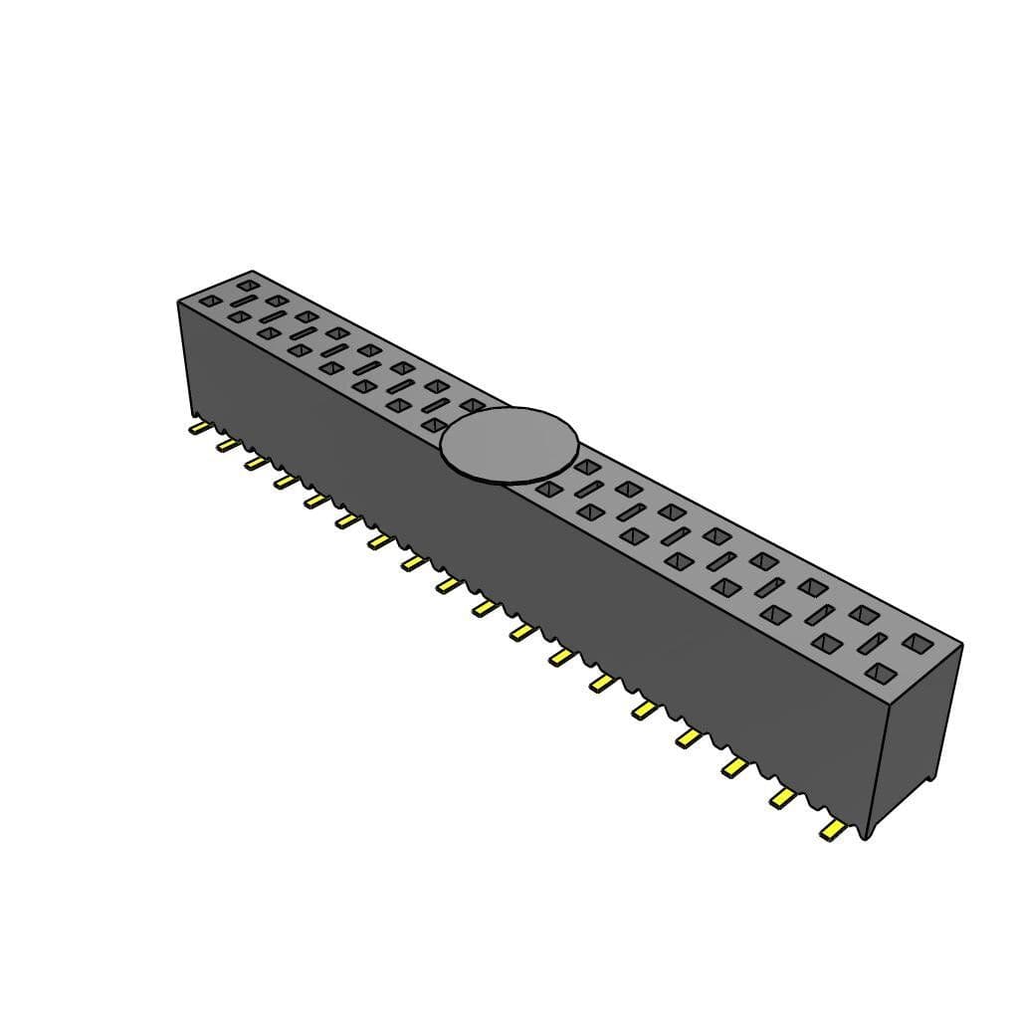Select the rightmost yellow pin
point(832,829)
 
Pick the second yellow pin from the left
point(228,445)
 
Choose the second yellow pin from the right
point(784,796)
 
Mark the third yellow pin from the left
point(256,462)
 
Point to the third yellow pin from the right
point(736,765)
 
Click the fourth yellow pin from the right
point(689,736)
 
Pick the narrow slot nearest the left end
point(245,302)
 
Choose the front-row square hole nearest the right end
point(878,674)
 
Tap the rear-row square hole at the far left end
point(247,286)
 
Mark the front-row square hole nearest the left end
point(210,301)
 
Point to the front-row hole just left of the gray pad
point(434,425)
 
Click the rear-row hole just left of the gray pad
point(472,405)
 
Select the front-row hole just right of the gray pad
point(546,489)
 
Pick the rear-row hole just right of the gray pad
point(586,466)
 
